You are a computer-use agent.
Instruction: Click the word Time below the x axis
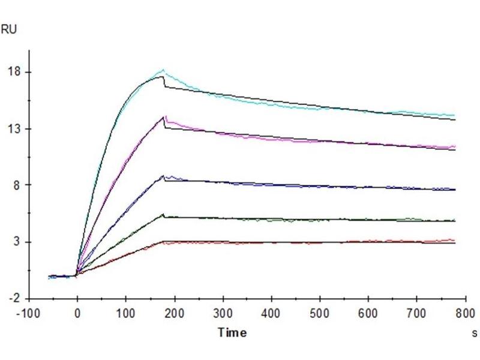click(232, 333)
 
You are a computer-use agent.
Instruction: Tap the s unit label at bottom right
click(474, 333)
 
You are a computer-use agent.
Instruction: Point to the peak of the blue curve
click(163, 175)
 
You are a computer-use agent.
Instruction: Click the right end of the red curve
click(455, 240)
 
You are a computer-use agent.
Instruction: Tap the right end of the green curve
click(455, 220)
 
